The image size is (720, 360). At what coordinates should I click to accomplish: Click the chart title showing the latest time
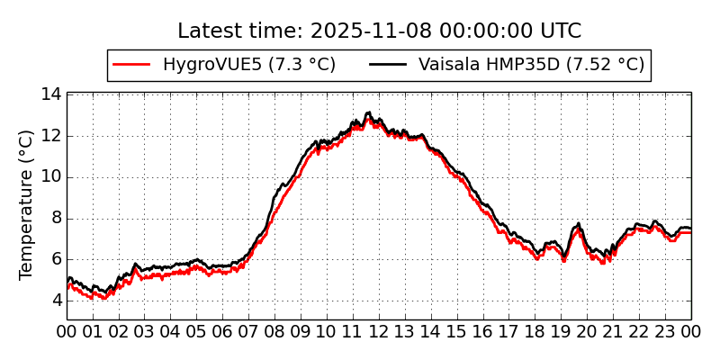tap(379, 31)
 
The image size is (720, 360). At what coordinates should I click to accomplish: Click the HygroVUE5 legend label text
tap(249, 65)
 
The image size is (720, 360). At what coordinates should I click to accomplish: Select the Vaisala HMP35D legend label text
tap(532, 65)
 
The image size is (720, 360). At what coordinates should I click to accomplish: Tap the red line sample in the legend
tap(131, 65)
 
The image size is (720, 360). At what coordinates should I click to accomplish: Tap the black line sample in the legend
tap(387, 65)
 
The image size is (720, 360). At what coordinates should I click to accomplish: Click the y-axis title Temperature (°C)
tap(27, 204)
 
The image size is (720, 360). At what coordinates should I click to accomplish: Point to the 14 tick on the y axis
tap(51, 94)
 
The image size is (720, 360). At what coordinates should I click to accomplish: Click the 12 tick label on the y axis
tap(51, 136)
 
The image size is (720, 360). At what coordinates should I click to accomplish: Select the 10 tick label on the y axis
tap(51, 176)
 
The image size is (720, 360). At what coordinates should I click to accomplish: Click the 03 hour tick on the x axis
tap(145, 332)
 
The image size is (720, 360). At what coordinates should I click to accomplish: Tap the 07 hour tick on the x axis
tap(248, 332)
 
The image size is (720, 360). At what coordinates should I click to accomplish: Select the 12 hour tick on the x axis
tap(379, 332)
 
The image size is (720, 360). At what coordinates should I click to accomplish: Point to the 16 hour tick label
tap(483, 332)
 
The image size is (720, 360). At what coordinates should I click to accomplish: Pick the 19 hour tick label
tap(562, 332)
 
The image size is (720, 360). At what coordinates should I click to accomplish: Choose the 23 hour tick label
tap(666, 332)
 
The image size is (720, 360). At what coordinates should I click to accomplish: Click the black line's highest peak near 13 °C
tap(368, 112)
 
